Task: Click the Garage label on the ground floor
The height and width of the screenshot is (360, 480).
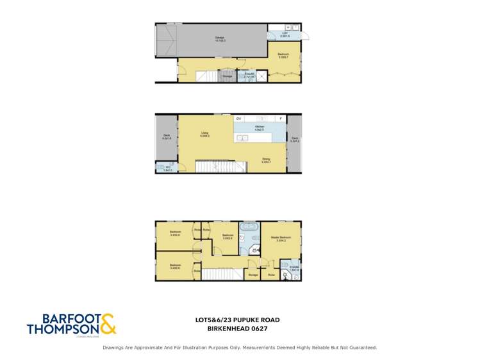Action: click(x=219, y=38)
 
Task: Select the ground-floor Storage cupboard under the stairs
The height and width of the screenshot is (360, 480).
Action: click(x=227, y=76)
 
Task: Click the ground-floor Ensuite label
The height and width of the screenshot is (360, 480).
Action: click(x=250, y=76)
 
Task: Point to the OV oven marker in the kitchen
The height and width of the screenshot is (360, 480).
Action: click(x=238, y=119)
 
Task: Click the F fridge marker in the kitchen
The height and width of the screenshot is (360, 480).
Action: click(x=280, y=119)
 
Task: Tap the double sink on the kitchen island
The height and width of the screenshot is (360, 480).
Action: click(x=242, y=138)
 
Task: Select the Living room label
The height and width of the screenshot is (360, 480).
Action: click(x=205, y=135)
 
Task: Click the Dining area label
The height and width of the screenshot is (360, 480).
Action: click(x=266, y=161)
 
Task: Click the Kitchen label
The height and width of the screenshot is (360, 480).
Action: click(x=260, y=129)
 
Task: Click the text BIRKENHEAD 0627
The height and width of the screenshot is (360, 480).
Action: click(x=237, y=329)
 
